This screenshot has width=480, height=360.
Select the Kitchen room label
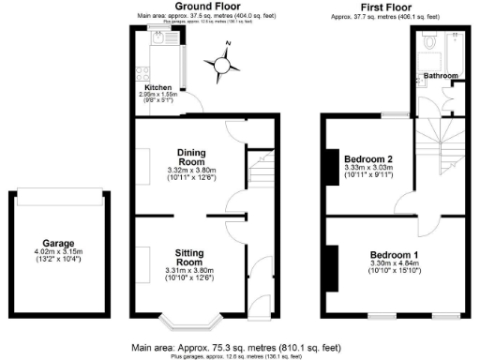coord(157,88)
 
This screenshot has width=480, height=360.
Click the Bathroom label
coord(440,75)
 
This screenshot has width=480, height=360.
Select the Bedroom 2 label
coord(367,158)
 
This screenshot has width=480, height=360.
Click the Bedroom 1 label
coord(394,255)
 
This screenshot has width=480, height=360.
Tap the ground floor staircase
coord(262,172)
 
